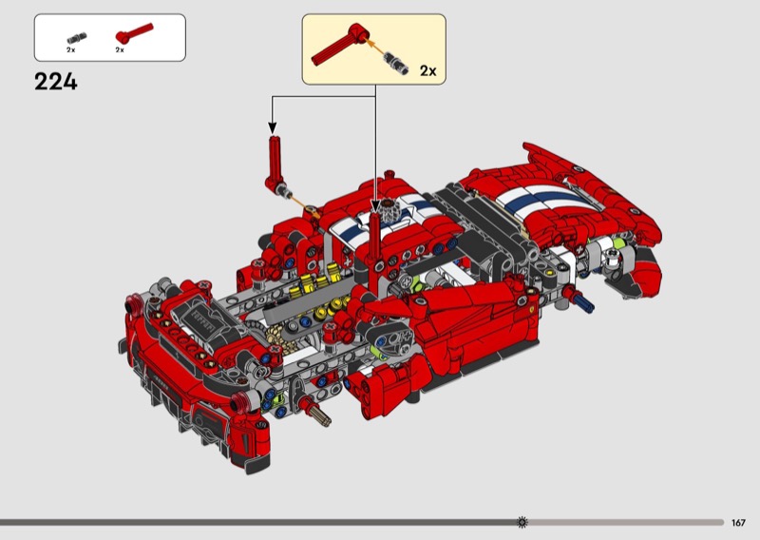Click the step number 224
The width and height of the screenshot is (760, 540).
56,82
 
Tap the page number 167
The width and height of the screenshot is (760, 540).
738,523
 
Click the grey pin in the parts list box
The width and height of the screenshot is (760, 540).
77,38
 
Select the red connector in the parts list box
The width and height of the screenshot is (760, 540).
134,33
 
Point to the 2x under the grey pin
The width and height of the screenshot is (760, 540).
70,49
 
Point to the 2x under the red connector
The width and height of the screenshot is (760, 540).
120,49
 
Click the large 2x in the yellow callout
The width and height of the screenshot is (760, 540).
428,71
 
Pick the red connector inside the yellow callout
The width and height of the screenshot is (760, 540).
339,45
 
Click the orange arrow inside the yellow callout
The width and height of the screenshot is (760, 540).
374,47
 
